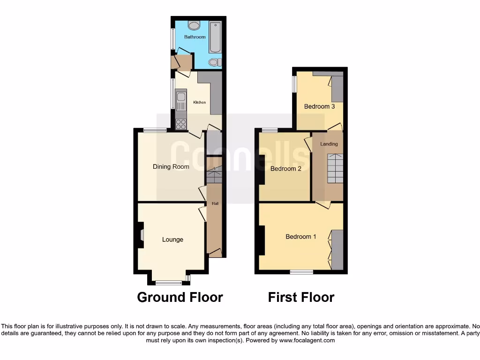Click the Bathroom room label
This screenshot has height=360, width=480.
tap(195, 37)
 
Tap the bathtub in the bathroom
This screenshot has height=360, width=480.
tap(215, 37)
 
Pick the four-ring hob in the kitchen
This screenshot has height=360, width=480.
tap(181, 124)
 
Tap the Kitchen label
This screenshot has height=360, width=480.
tap(200, 102)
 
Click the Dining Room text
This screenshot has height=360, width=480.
tap(171, 166)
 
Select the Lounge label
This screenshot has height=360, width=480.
tap(172, 240)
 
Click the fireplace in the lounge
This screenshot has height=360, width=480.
tap(141, 234)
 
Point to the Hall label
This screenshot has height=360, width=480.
tap(215, 203)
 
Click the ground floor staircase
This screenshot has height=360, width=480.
tap(214, 175)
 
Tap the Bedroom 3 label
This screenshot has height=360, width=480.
tap(319, 106)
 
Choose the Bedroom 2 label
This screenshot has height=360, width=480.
tap(286, 169)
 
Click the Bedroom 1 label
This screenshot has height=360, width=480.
tap(301, 237)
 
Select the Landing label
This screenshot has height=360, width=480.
tap(329, 144)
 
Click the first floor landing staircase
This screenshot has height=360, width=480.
tap(335, 168)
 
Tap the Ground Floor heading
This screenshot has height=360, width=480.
tap(180, 297)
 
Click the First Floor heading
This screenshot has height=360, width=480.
tap(301, 297)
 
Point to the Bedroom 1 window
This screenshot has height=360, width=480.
tap(301, 272)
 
